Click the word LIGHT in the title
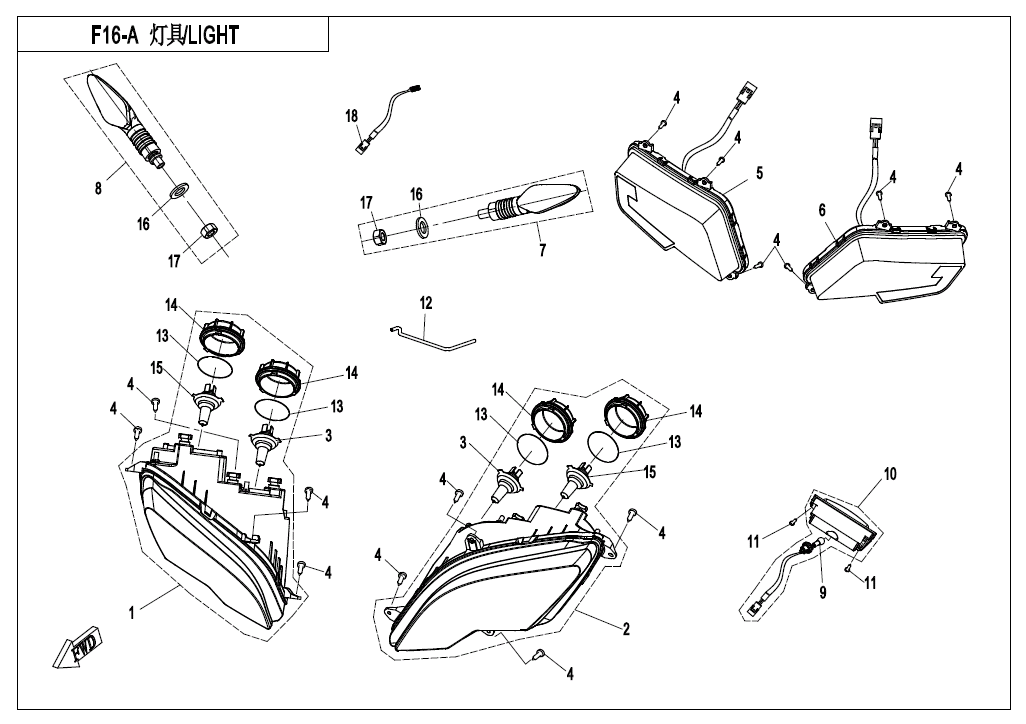pyautogui.click(x=213, y=36)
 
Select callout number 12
pyautogui.click(x=426, y=301)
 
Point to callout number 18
pyautogui.click(x=352, y=117)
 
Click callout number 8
pyautogui.click(x=98, y=187)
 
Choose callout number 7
pyautogui.click(x=543, y=250)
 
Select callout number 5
pyautogui.click(x=759, y=173)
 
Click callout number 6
pyautogui.click(x=822, y=211)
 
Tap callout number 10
pyautogui.click(x=889, y=474)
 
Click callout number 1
pyautogui.click(x=131, y=612)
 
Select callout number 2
pyautogui.click(x=626, y=629)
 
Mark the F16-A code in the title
pyautogui.click(x=113, y=36)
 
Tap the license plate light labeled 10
pyautogui.click(x=840, y=523)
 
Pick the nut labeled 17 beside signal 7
pyautogui.click(x=380, y=236)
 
